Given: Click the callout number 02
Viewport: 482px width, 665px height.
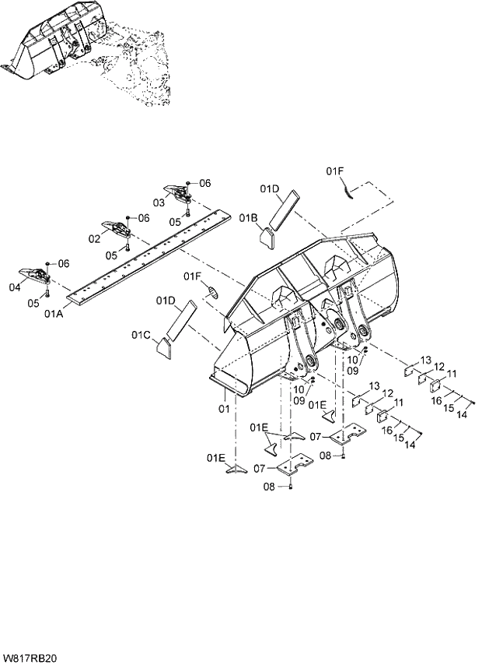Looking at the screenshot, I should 94,238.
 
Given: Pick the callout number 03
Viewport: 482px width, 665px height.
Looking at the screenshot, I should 158,202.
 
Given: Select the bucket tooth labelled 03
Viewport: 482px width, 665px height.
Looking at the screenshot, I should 178,192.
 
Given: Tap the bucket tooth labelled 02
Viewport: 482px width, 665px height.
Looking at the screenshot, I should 115,228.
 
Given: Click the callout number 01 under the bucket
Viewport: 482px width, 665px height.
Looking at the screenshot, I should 223,407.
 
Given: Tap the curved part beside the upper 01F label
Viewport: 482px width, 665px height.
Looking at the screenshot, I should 349,189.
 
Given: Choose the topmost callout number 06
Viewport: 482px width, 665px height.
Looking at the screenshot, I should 204,183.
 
